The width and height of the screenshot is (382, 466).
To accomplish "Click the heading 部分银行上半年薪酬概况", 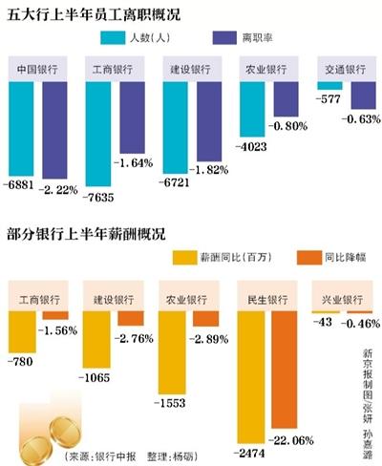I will coord(87,234).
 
